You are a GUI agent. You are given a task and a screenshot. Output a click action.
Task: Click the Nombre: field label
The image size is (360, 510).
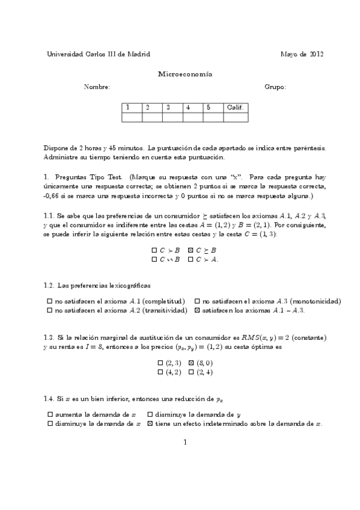(x=97, y=87)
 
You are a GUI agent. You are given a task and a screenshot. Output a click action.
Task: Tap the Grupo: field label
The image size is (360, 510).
(x=275, y=87)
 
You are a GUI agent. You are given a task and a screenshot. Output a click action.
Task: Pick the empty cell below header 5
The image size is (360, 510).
(x=213, y=117)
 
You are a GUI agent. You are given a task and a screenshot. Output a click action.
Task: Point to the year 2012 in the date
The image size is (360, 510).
(x=317, y=54)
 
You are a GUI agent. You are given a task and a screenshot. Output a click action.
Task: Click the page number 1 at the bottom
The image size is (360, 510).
(x=185, y=443)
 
